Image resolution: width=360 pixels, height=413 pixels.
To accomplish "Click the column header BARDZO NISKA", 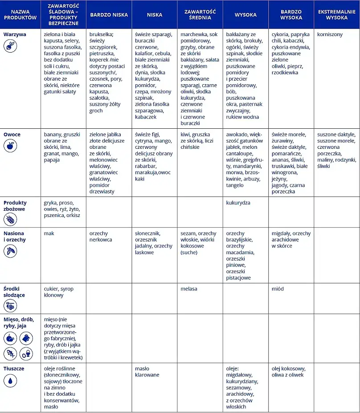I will pyautogui.click(x=109, y=15).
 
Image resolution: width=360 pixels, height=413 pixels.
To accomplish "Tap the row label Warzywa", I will pyautogui.click(x=15, y=34).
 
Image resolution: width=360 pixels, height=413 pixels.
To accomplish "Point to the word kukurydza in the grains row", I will pyautogui.click(x=238, y=203).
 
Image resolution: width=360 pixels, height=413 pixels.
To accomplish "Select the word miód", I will pyautogui.click(x=278, y=289).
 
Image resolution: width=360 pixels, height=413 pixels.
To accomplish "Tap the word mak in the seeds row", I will pyautogui.click(x=49, y=233).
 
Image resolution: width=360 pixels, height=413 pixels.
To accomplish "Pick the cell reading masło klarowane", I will pyautogui.click(x=147, y=372).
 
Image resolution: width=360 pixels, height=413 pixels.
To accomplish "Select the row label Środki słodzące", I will pyautogui.click(x=14, y=292).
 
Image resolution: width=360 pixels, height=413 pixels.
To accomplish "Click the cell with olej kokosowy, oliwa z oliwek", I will pyautogui.click(x=288, y=372).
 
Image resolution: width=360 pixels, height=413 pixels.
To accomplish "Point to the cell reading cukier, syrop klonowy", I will pyautogui.click(x=59, y=292).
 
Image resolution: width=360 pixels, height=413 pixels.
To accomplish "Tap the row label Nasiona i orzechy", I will pyautogui.click(x=15, y=236).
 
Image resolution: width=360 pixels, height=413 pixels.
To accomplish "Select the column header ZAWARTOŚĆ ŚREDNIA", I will pyautogui.click(x=200, y=15).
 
